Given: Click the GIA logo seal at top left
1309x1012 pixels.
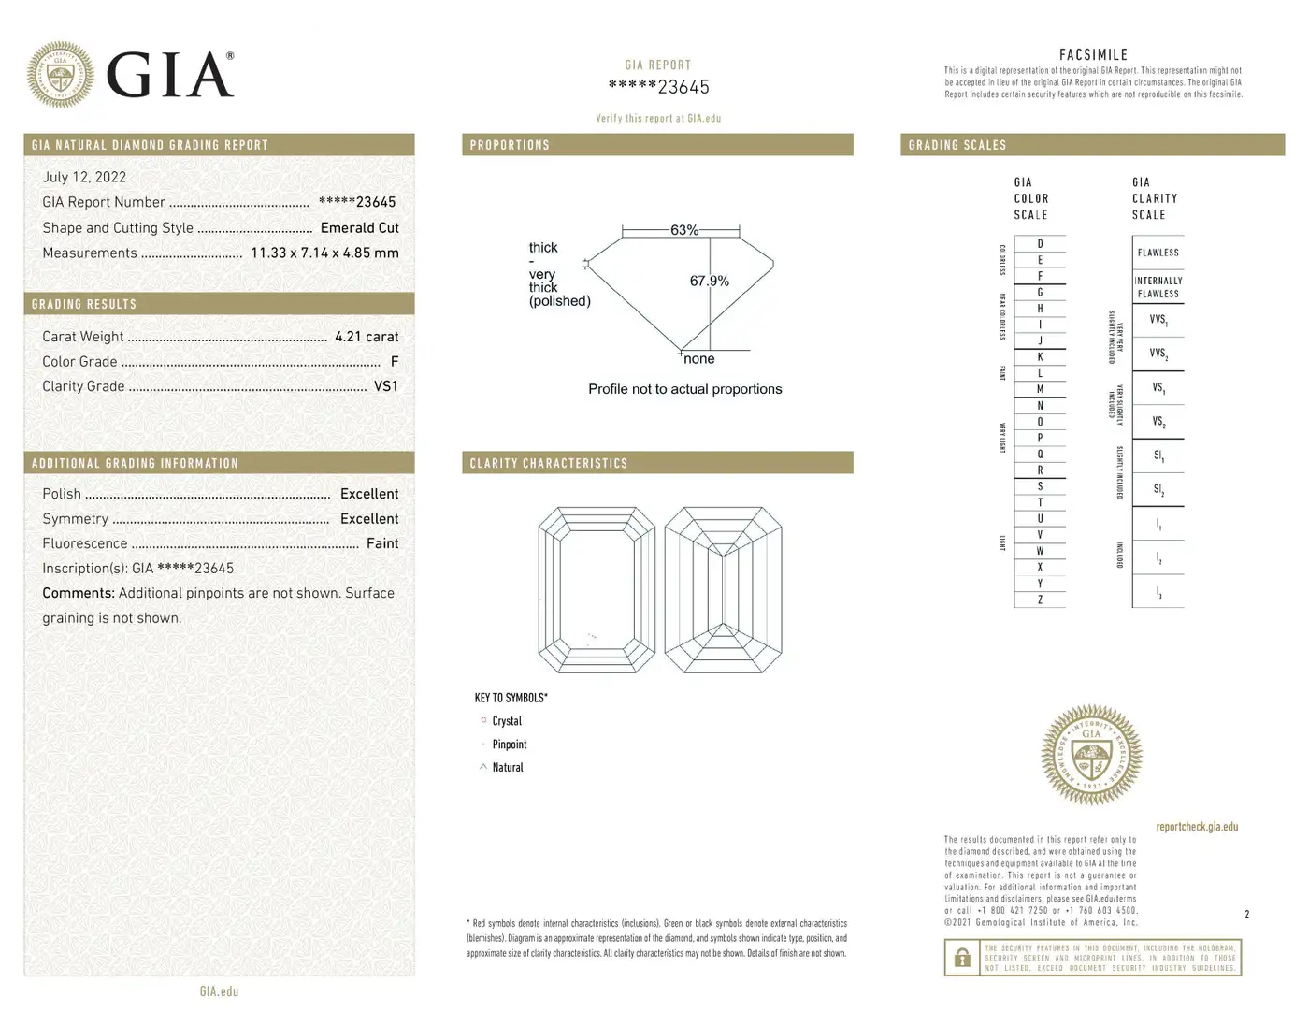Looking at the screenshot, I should pyautogui.click(x=61, y=74).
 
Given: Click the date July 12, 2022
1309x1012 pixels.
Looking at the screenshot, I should pyautogui.click(x=84, y=177).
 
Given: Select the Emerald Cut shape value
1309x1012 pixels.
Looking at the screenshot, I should pyautogui.click(x=359, y=227).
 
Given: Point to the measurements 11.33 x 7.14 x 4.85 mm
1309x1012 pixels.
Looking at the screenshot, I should pyautogui.click(x=324, y=253).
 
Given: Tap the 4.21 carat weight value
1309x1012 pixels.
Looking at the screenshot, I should pyautogui.click(x=367, y=337).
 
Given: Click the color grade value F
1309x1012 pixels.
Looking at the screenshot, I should pyautogui.click(x=395, y=361).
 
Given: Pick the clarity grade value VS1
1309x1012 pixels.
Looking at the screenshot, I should pyautogui.click(x=385, y=385).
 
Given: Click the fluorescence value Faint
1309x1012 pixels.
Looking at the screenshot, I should pyautogui.click(x=381, y=543).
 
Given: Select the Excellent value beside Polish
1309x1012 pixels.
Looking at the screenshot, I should pyautogui.click(x=368, y=494).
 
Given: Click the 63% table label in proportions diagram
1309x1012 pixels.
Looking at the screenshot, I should pyautogui.click(x=683, y=230).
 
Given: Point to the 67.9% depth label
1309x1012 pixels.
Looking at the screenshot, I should pyautogui.click(x=709, y=281).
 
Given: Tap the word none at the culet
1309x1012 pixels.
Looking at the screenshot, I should pyautogui.click(x=698, y=359).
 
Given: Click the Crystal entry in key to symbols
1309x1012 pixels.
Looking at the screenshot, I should pyautogui.click(x=507, y=721).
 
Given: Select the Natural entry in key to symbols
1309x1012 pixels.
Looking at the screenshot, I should pyautogui.click(x=508, y=767).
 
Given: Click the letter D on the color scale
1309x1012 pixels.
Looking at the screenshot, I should pyautogui.click(x=1040, y=244).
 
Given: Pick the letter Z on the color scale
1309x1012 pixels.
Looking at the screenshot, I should pyautogui.click(x=1040, y=600).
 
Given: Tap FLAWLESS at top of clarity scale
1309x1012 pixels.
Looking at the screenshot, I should pyautogui.click(x=1158, y=253).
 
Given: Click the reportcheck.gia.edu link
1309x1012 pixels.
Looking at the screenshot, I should pyautogui.click(x=1197, y=827).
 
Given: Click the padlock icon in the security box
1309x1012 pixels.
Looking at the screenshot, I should pyautogui.click(x=962, y=958).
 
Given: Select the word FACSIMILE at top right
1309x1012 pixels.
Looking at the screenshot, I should pyautogui.click(x=1093, y=55).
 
